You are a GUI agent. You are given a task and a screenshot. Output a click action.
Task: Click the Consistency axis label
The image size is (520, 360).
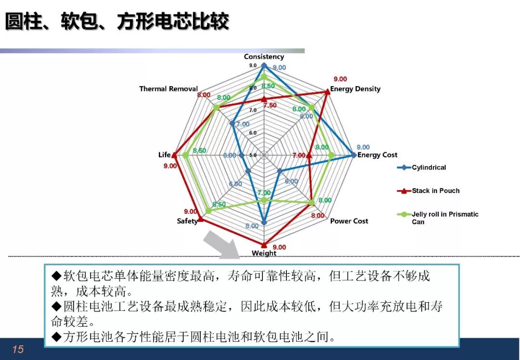(264, 57)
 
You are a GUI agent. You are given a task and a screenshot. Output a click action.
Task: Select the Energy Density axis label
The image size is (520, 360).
(355, 89)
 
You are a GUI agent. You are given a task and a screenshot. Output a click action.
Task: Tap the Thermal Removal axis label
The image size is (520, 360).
(169, 89)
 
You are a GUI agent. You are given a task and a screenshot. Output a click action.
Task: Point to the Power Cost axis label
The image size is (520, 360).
(349, 221)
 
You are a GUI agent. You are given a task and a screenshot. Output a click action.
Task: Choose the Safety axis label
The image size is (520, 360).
(187, 221)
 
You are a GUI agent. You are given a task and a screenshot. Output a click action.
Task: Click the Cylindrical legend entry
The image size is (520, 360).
(421, 167)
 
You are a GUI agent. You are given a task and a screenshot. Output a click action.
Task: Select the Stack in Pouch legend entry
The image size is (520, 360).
(428, 191)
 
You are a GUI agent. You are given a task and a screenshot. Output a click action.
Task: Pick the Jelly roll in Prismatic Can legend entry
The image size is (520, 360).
(438, 218)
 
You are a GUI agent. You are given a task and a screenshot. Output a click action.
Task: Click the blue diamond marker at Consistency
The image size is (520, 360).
(264, 65)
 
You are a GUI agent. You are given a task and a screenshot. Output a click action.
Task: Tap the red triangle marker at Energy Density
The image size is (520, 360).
(327, 92)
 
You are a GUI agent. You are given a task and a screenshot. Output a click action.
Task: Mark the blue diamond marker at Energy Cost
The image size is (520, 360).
(353, 155)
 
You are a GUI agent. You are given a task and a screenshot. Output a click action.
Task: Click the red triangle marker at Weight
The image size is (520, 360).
(264, 245)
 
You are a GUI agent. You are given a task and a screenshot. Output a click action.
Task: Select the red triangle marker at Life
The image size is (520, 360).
(174, 154)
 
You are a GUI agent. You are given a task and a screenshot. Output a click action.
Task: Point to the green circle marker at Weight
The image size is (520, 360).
(264, 200)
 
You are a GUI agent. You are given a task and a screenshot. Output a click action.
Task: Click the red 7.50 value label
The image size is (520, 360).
(270, 105)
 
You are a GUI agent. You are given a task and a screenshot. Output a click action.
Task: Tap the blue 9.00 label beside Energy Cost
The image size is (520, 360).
(363, 147)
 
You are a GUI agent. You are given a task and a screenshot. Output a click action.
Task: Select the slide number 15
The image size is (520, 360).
(18, 349)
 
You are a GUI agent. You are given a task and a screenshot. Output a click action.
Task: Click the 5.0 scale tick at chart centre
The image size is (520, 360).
(253, 155)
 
